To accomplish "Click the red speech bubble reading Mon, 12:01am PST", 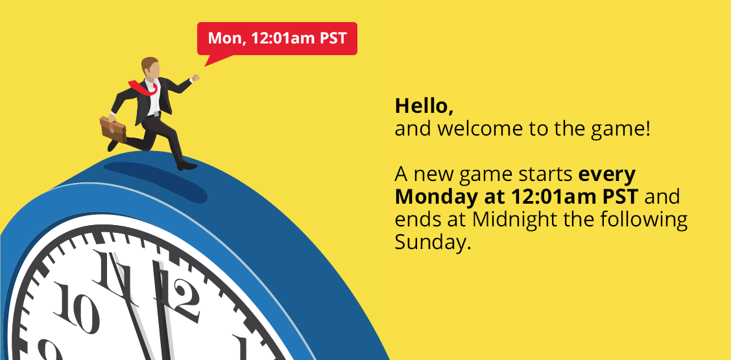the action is [277, 39].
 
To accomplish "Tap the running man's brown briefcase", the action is [114, 129].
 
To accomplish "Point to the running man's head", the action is [150, 68].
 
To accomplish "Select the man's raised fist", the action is [196, 77].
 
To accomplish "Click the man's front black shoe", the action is [187, 165].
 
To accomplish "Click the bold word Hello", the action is [424, 106].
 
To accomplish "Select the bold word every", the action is [607, 175].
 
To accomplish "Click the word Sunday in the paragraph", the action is [430, 241].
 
